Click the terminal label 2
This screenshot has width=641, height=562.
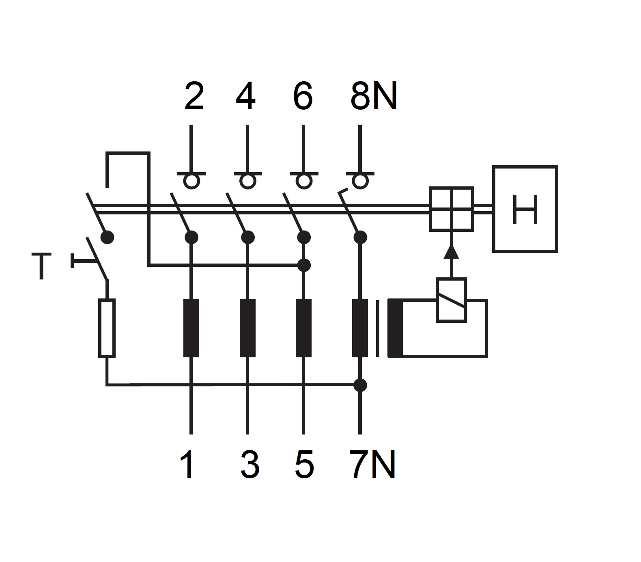click(x=194, y=96)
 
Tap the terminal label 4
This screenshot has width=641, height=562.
click(x=246, y=96)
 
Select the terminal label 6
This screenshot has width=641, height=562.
click(x=303, y=96)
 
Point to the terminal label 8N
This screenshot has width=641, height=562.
click(x=373, y=96)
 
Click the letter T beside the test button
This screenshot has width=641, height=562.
click(x=41, y=266)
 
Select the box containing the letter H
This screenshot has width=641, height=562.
click(x=525, y=209)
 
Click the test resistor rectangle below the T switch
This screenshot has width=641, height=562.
click(x=107, y=328)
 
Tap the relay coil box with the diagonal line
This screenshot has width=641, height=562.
click(x=451, y=300)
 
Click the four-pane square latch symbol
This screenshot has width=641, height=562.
click(x=451, y=209)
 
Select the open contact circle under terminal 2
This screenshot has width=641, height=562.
click(x=191, y=181)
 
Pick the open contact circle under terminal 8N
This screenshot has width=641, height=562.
click(x=360, y=181)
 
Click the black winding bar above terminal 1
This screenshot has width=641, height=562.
click(x=191, y=328)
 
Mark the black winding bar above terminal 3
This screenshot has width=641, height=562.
click(x=247, y=328)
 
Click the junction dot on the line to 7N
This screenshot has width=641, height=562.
click(x=360, y=385)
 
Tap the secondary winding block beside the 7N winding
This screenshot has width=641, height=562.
click(x=395, y=328)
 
